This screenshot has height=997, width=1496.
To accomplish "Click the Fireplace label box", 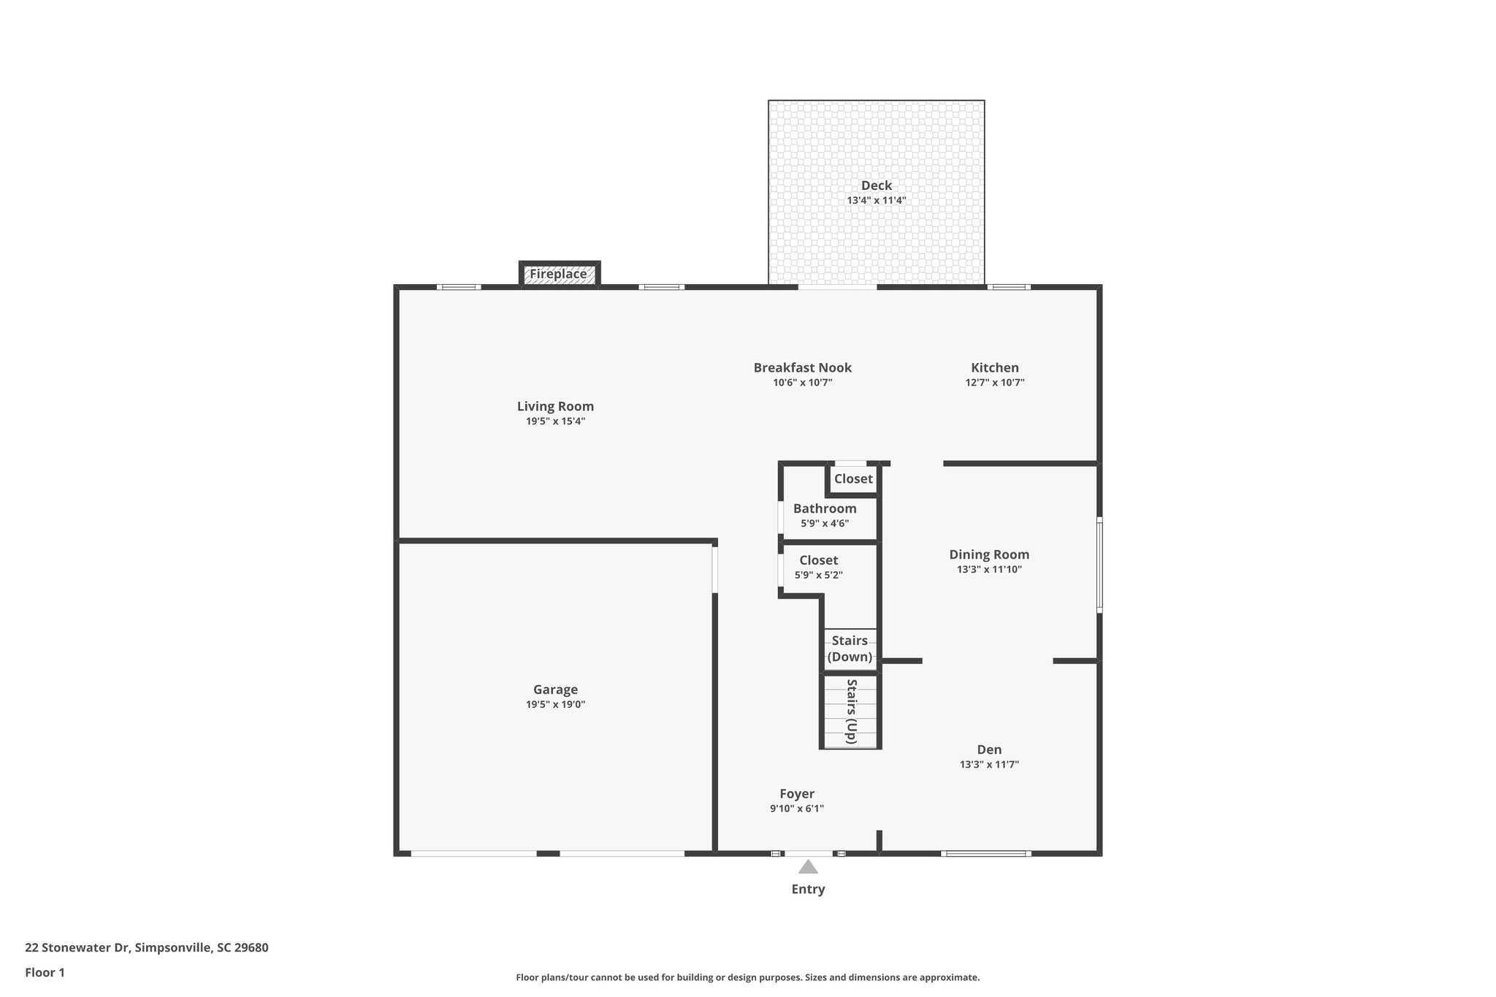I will [559, 275].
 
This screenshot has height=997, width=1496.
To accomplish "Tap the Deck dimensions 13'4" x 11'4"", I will [876, 200].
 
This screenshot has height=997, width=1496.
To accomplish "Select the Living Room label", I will [555, 406].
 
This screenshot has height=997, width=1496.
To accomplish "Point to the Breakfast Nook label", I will [802, 367].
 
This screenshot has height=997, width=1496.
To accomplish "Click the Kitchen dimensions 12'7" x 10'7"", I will [994, 382].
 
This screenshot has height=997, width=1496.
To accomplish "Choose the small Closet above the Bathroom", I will [853, 479].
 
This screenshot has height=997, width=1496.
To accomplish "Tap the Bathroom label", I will [825, 508].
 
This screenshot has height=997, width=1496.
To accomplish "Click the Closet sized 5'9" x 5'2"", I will [818, 568].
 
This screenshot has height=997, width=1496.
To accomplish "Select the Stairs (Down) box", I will [850, 649].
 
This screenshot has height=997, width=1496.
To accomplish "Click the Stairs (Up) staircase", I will [850, 711].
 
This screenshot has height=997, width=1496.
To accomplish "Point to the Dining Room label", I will [989, 554].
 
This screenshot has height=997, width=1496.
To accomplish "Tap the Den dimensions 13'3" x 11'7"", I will [989, 765].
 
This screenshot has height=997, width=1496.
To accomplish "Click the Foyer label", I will [796, 793].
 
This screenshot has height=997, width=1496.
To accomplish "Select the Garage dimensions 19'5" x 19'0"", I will [555, 704].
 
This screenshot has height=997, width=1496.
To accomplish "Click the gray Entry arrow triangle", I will [808, 867].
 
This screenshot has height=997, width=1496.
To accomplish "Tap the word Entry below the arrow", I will [808, 889].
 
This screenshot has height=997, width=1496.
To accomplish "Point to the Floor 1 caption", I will [45, 972].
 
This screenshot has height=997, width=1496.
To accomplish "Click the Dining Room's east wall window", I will [1099, 565].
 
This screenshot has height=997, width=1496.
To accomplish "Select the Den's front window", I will [985, 853].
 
